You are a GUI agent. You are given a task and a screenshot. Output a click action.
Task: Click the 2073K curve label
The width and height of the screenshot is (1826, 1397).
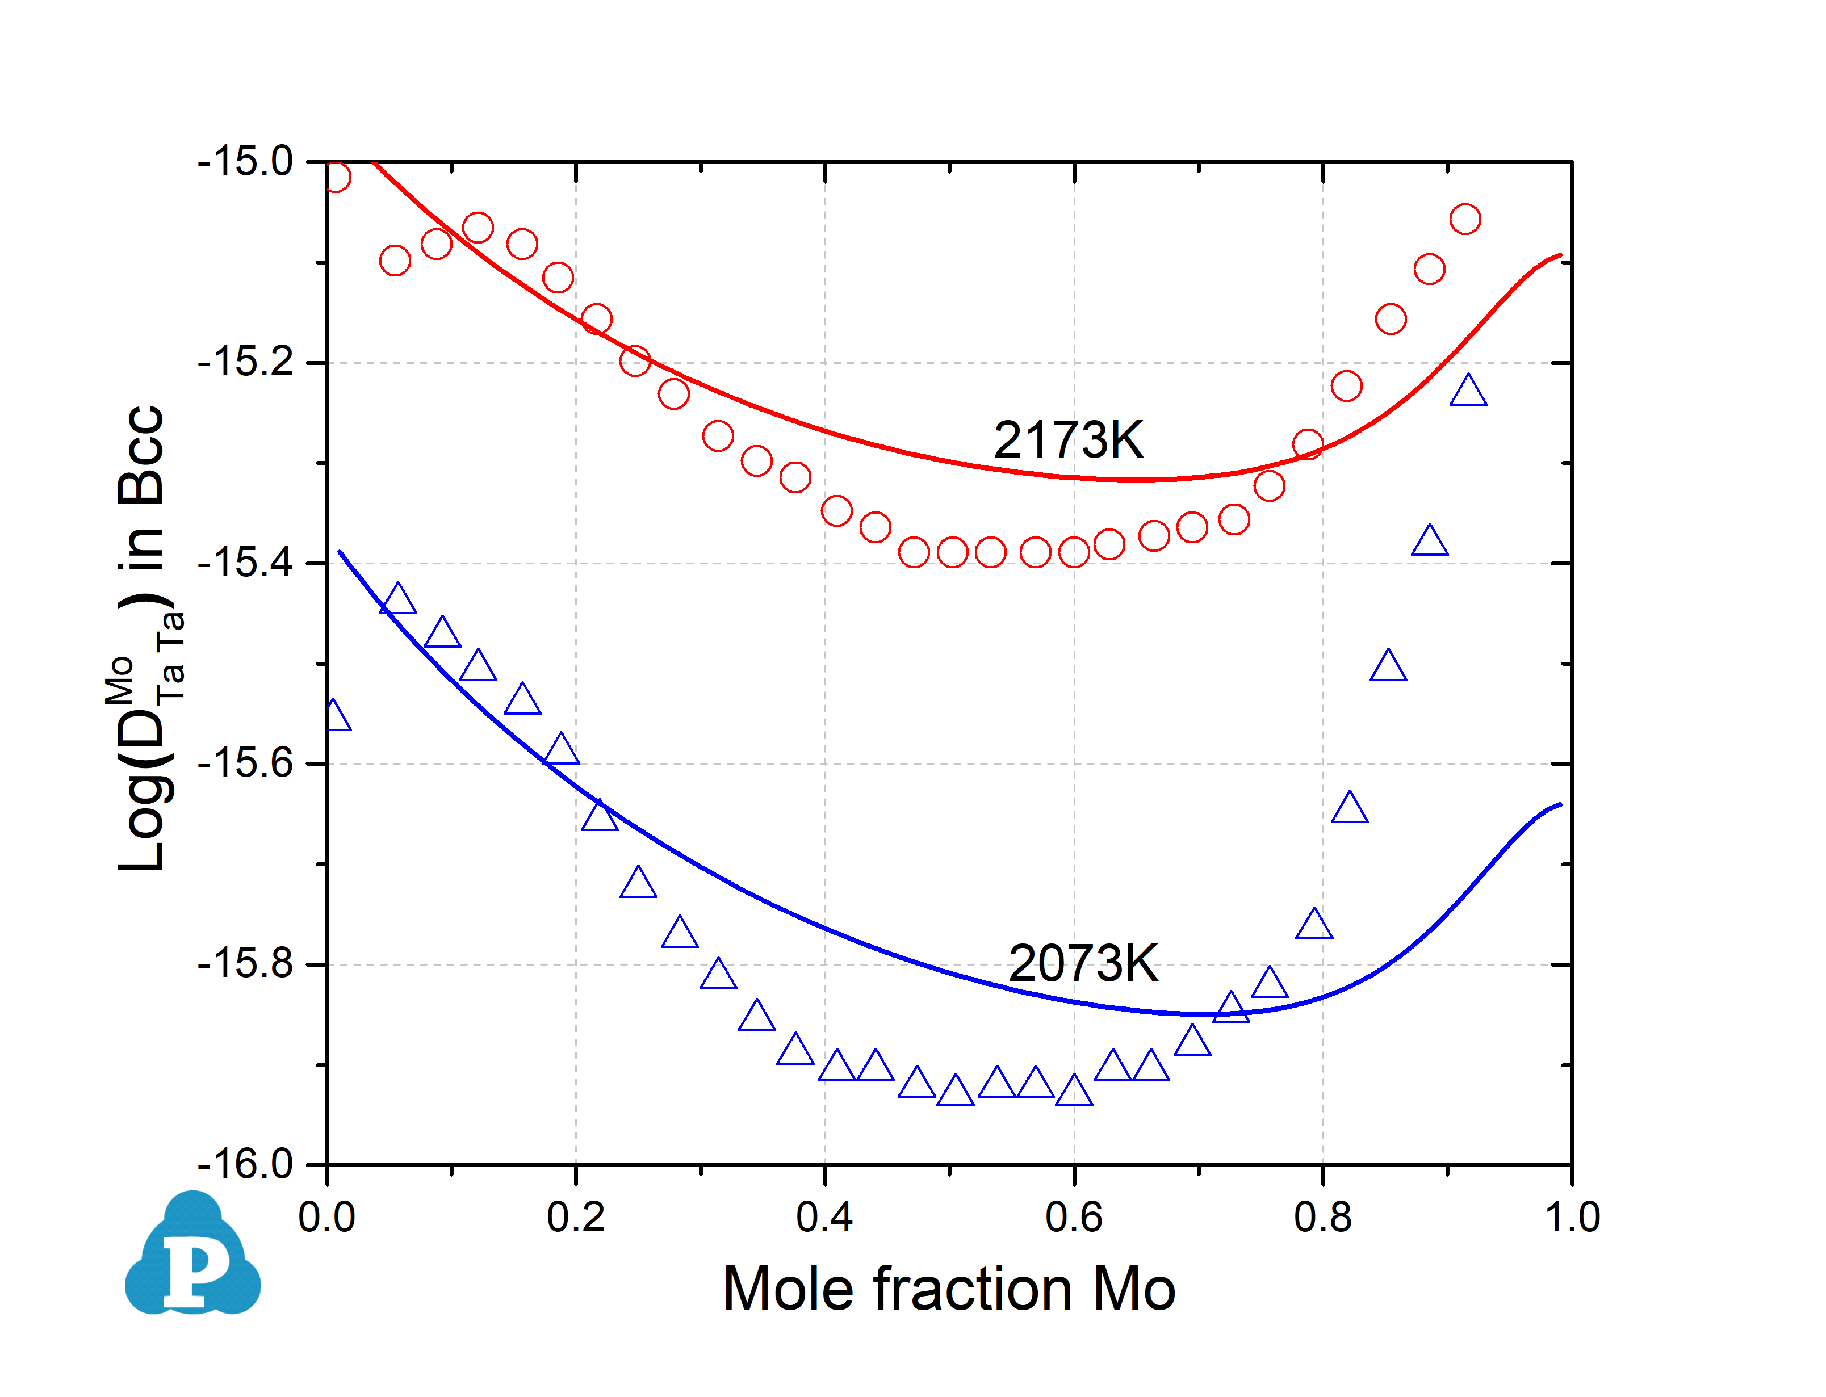coord(1083,964)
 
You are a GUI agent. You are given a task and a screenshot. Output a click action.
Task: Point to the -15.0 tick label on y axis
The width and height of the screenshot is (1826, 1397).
coord(245,161)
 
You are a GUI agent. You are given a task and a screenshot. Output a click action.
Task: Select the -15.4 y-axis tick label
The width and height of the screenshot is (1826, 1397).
coord(245,563)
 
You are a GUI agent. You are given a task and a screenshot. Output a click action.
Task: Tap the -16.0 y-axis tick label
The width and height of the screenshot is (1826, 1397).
coord(245,1164)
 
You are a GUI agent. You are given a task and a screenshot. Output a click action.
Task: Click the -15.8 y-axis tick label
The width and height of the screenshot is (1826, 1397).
coord(245,964)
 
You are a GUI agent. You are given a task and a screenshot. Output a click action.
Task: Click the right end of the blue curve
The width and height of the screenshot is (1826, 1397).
coord(1560,804)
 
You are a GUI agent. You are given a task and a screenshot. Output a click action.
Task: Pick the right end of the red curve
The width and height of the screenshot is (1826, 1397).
coord(1560,255)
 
